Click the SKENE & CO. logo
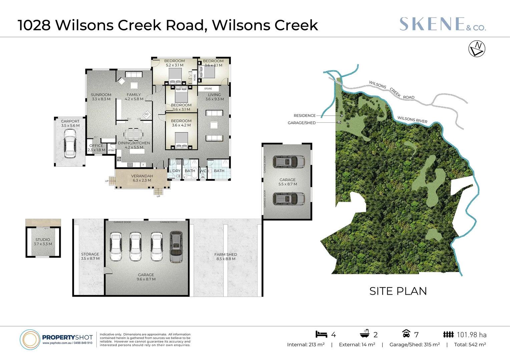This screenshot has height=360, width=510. click(442, 24)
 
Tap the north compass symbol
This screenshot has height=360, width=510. click(477, 49)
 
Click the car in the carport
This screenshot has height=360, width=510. click(70, 143)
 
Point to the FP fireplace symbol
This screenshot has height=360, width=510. click(146, 114)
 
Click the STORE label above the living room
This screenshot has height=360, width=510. click(208, 89)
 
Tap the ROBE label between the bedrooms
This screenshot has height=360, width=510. click(195, 77)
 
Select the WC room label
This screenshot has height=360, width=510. click(203, 171)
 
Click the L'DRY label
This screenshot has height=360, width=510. click(175, 171)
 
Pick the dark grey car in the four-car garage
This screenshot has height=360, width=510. click(176, 247)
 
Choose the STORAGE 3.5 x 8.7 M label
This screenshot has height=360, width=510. click(90, 256)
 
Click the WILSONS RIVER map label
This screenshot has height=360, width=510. click(412, 120)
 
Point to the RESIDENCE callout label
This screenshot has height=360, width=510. click(305, 116)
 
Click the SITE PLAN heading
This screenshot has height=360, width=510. click(398, 291)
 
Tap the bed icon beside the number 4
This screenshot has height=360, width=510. click(321, 334)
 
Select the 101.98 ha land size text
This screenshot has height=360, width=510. click(471, 335)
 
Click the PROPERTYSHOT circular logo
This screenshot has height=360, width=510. click(30, 340)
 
